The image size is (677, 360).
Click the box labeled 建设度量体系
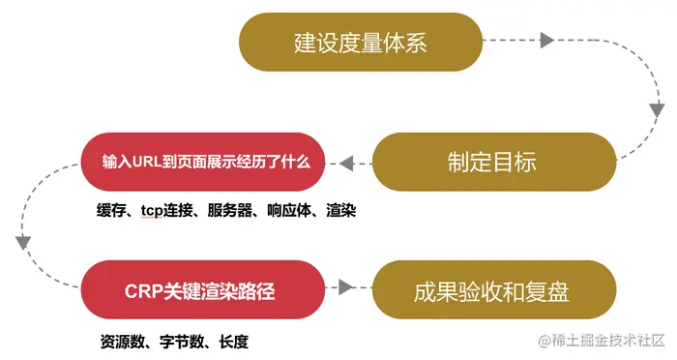coord(360,43)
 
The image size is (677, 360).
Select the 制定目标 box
coord(492,162)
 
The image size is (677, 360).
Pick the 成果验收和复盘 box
coord(492,287)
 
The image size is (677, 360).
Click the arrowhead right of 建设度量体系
coord(546,42)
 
